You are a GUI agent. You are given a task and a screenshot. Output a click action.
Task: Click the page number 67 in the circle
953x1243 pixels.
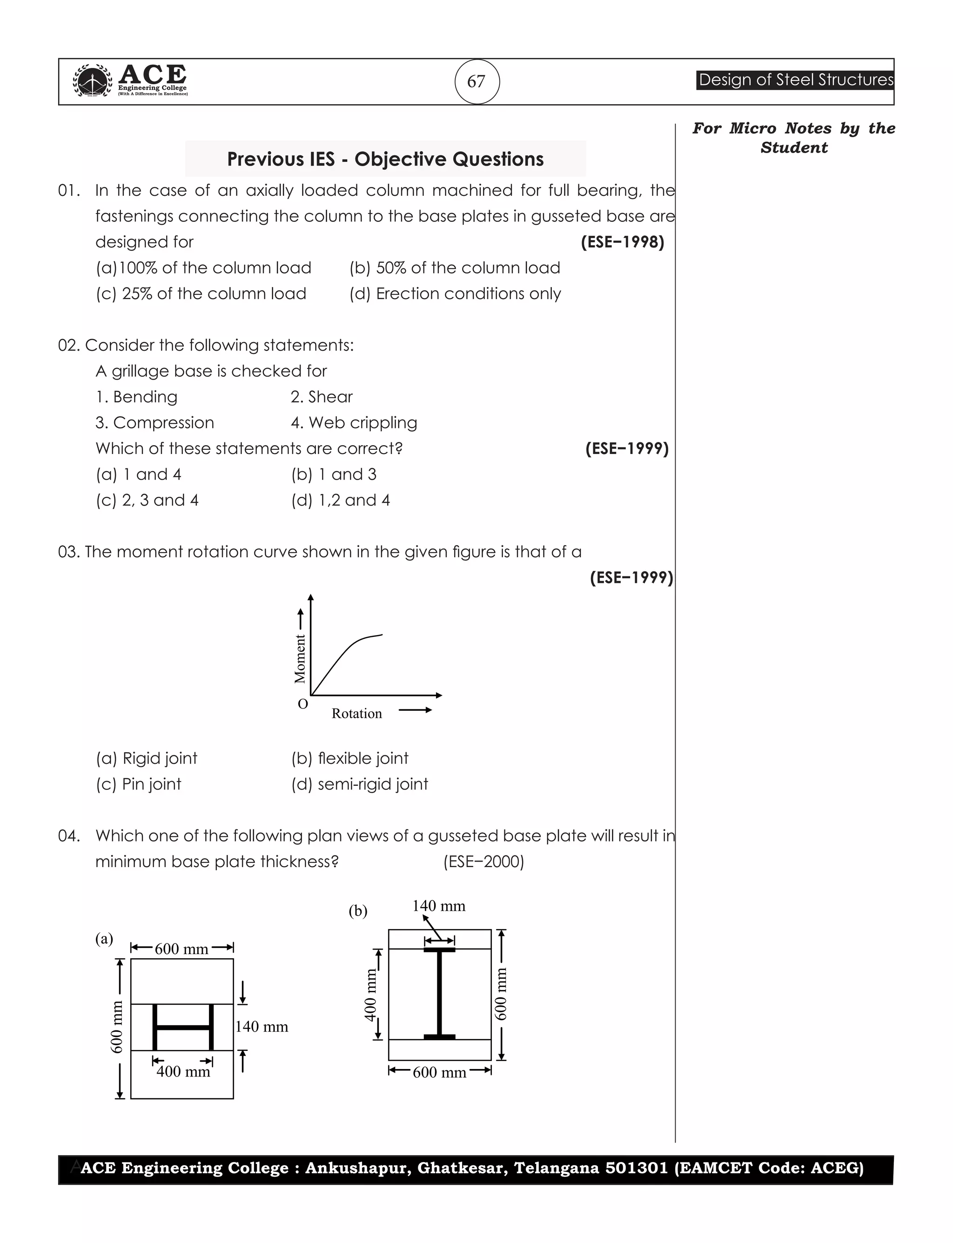click(x=476, y=82)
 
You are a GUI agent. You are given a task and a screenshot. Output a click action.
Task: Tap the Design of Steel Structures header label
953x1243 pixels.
click(x=795, y=80)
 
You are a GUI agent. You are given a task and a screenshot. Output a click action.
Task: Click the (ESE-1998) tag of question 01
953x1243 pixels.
click(x=622, y=242)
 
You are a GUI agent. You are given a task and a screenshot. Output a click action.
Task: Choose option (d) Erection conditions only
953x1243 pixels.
click(x=455, y=294)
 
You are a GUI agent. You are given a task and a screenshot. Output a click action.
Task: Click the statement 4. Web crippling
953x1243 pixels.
click(x=354, y=422)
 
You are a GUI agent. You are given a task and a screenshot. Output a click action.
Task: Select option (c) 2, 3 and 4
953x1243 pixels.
click(x=147, y=500)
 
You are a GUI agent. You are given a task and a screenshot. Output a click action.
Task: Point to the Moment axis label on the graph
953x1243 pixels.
click(x=300, y=658)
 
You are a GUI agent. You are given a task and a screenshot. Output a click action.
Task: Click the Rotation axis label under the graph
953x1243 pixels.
click(x=357, y=713)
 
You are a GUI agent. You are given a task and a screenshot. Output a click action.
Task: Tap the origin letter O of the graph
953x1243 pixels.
click(x=303, y=704)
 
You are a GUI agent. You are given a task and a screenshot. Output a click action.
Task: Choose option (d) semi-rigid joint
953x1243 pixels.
click(x=360, y=784)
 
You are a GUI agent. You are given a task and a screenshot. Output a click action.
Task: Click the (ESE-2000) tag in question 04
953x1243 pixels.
click(x=483, y=862)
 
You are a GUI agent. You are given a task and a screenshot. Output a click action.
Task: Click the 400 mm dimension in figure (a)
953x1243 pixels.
click(x=183, y=1071)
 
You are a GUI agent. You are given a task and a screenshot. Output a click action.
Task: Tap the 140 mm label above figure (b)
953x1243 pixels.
click(x=438, y=906)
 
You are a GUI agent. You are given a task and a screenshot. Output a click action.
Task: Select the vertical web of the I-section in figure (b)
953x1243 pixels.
click(x=439, y=993)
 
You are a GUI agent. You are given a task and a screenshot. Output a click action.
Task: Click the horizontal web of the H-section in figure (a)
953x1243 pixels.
click(x=183, y=1027)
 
